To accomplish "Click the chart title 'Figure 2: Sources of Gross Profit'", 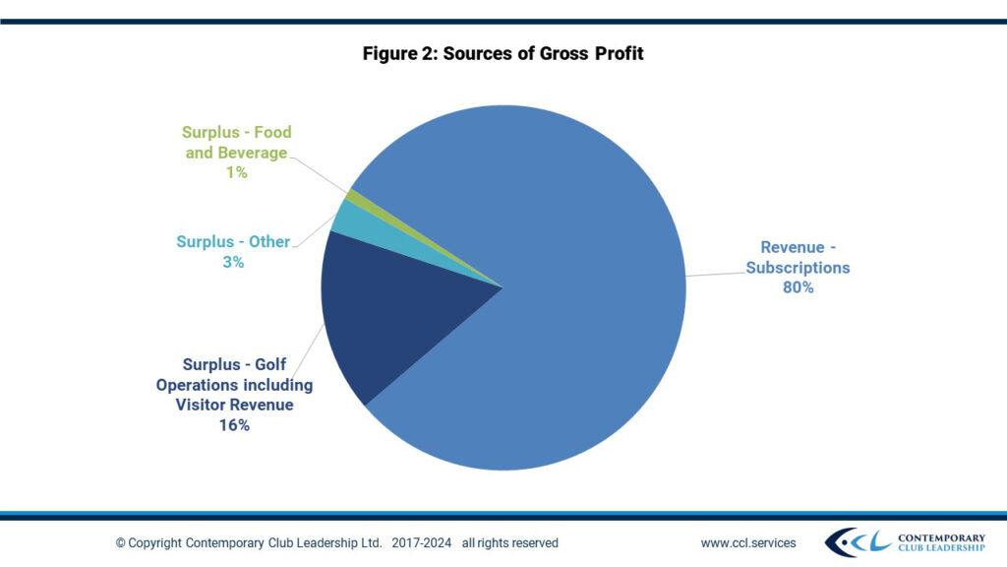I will click(x=503, y=53).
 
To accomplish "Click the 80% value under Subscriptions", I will click(x=798, y=288).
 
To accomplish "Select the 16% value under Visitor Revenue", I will click(x=234, y=425).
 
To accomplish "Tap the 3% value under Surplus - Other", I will click(x=233, y=263).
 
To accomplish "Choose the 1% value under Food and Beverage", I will click(x=236, y=173).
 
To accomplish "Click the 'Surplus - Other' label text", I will click(x=233, y=242).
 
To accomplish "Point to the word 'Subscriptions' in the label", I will click(x=798, y=268).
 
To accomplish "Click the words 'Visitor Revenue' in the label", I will click(x=234, y=405).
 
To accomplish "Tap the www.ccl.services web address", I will click(x=748, y=542).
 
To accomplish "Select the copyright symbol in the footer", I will click(x=121, y=543).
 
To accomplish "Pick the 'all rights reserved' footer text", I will click(x=509, y=542).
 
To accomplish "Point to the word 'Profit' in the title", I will click(x=618, y=53).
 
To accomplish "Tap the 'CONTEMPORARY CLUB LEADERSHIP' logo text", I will click(x=941, y=542).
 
